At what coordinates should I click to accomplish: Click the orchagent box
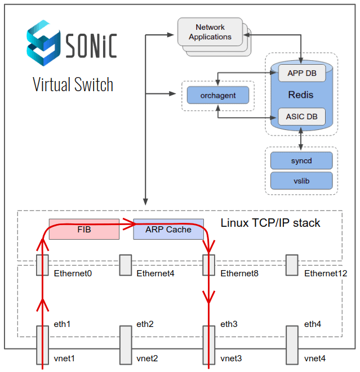tap(217, 95)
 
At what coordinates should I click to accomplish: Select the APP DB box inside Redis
tap(301, 73)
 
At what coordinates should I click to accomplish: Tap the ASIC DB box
tap(301, 116)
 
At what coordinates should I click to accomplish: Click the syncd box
tap(301, 161)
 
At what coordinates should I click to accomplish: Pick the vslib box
tap(301, 181)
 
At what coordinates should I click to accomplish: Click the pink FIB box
tap(84, 229)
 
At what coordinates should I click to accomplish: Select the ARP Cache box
tap(168, 229)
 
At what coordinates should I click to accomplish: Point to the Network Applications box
tap(210, 32)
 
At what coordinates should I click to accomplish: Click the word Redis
tap(300, 95)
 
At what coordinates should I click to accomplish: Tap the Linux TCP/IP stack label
tap(270, 223)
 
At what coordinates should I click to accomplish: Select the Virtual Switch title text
tap(73, 84)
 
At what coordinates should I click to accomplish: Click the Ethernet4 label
tap(155, 274)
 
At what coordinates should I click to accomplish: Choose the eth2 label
tap(145, 324)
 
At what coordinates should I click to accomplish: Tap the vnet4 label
tap(314, 358)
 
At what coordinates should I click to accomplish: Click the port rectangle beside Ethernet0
tap(42, 265)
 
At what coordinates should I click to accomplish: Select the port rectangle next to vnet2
tap(125, 344)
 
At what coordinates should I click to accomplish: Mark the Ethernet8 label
tap(239, 274)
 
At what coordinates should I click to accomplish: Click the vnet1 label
tap(64, 358)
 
